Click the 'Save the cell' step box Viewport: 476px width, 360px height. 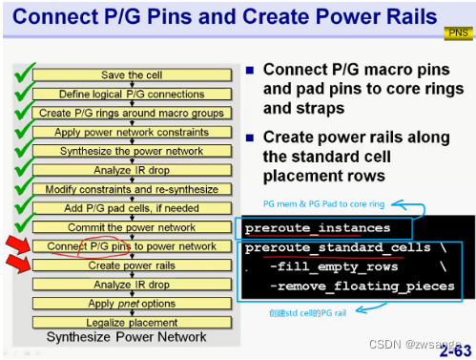133,74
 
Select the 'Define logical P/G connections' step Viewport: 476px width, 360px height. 133,94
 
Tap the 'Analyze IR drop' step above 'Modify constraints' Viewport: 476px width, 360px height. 133,170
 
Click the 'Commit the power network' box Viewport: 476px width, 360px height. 133,227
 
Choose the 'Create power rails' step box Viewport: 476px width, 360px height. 133,265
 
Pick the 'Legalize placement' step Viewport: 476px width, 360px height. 133,322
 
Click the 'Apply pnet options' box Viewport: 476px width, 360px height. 133,303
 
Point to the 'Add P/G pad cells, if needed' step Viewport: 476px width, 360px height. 133,208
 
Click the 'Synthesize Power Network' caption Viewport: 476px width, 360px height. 127,336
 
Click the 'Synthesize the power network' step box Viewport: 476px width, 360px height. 133,151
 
